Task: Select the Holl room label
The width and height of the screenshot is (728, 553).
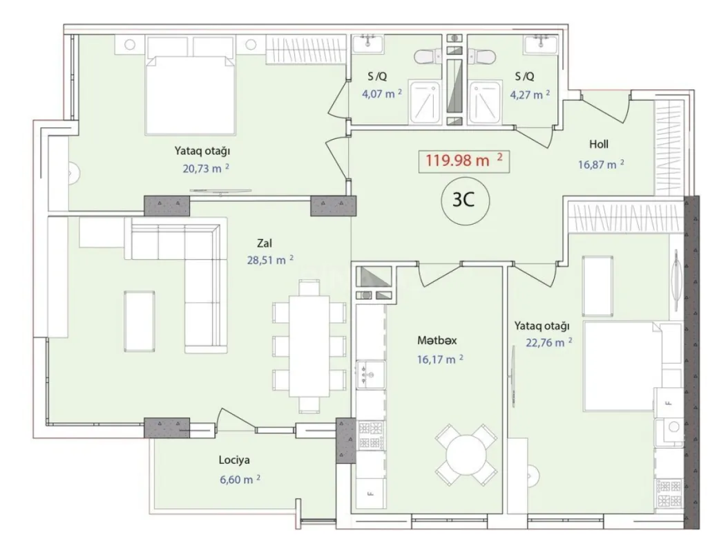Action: click(598, 144)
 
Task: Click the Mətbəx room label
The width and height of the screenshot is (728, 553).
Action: click(437, 341)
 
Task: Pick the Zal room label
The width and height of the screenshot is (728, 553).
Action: click(263, 243)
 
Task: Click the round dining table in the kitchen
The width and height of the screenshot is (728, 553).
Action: click(466, 457)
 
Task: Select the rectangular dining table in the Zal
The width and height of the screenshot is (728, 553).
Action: click(309, 346)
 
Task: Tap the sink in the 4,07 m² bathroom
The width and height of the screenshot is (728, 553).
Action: click(370, 43)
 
